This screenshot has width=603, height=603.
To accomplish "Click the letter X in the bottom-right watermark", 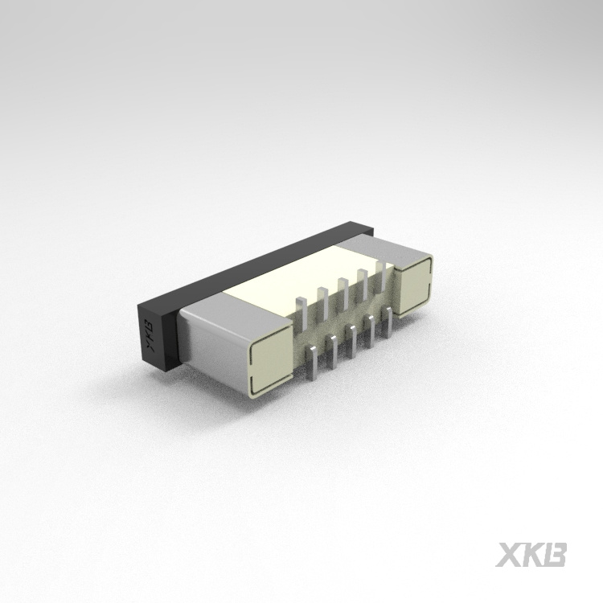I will pos(508,554).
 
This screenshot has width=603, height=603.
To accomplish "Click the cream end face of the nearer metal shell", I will pos(269,359).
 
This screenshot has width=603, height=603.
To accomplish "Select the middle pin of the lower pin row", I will pos(352,342).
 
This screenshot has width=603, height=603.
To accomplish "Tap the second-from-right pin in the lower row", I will pos(371,331).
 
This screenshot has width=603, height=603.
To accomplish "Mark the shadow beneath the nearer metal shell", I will pos(241,398).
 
